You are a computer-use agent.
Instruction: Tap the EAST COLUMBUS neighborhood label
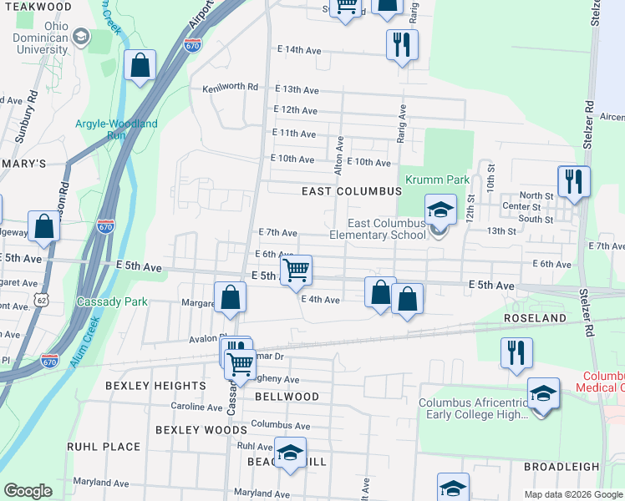point(352,191)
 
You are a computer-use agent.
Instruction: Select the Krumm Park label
point(425,180)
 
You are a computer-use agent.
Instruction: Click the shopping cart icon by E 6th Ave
point(295,270)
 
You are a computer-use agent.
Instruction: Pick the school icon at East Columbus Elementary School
point(440,210)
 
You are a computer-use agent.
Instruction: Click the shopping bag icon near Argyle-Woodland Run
point(140,65)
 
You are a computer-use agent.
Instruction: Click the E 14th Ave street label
point(299,50)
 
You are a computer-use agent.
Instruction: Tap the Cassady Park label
point(112,301)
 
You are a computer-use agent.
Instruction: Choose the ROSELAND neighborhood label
point(534,319)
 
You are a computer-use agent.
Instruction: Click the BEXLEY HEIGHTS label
point(155,386)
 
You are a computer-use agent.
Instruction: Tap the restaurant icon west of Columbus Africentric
point(516,353)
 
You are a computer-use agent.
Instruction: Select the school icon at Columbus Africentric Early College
point(543,392)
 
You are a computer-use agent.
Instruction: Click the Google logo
point(28,490)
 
